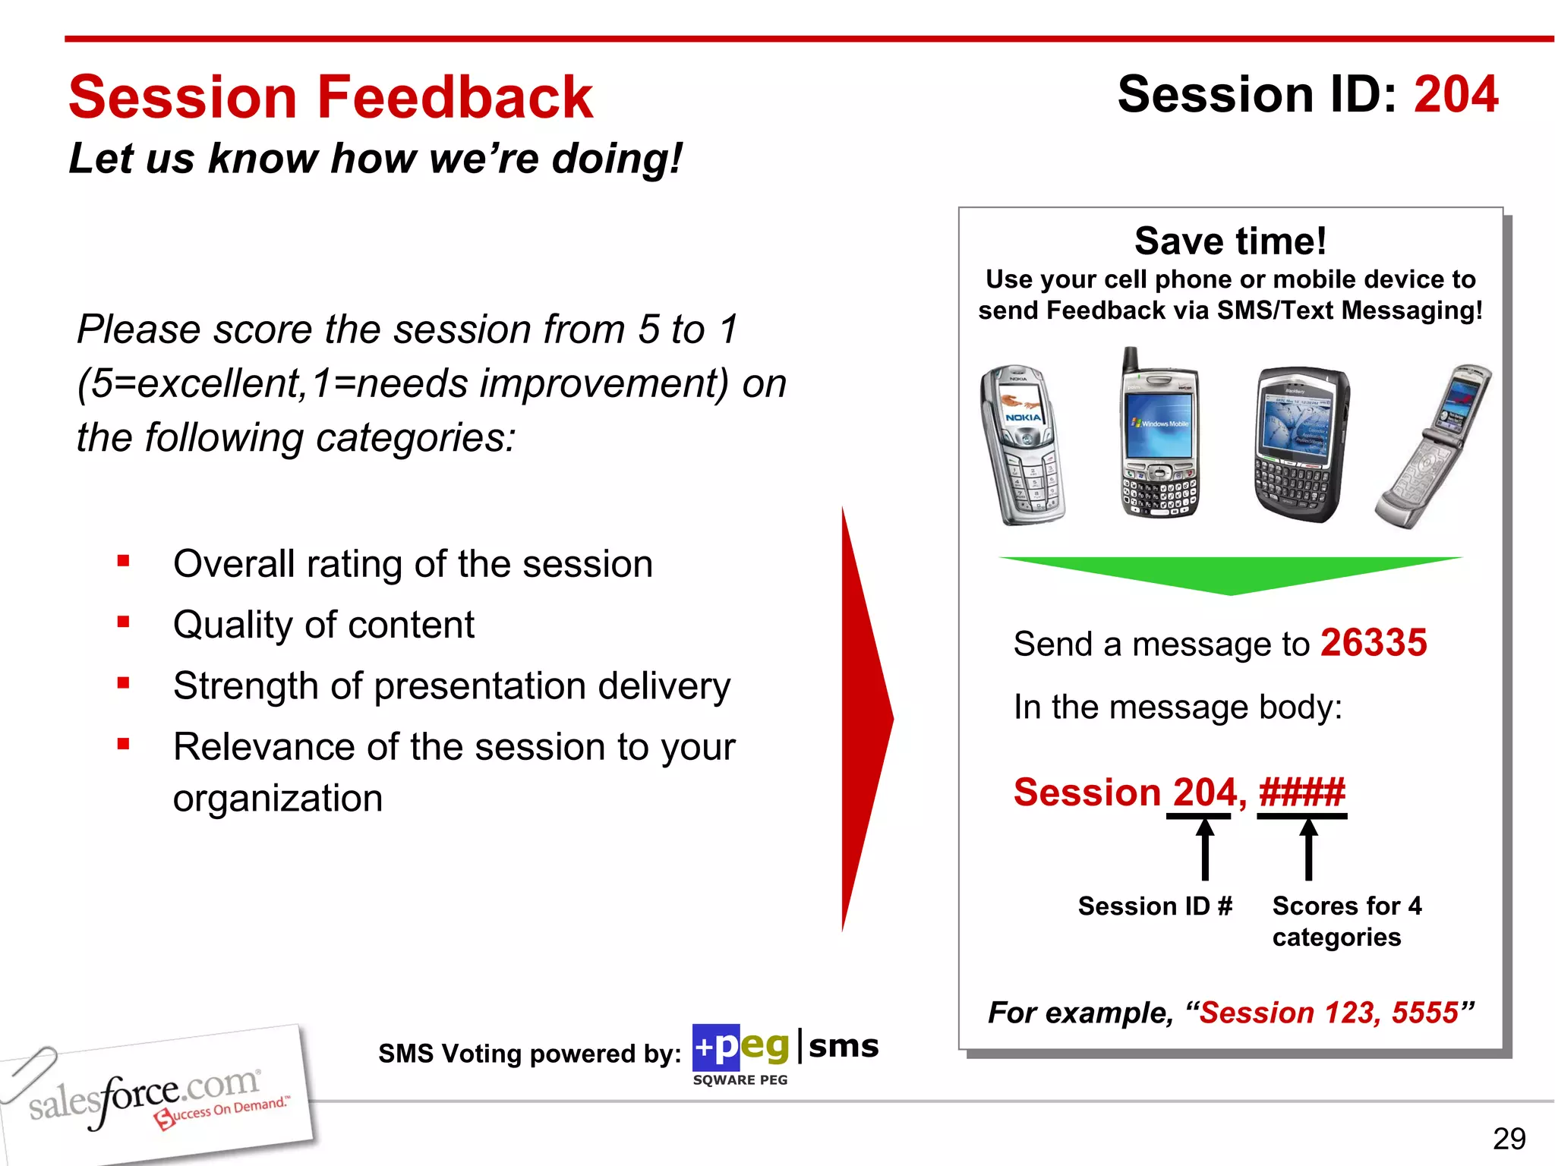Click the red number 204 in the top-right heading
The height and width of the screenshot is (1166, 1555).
pos(1456,95)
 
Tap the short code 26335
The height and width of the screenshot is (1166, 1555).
pos(1373,643)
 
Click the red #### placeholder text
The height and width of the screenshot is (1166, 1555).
pos(1301,793)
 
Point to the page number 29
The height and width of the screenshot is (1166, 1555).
pos(1509,1139)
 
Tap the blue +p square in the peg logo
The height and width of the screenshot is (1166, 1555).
pos(715,1048)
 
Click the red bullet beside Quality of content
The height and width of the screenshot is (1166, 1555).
pos(124,622)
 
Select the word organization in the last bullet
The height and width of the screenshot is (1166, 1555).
pos(278,799)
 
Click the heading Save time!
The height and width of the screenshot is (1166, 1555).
pos(1230,241)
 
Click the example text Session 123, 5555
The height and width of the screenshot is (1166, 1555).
pos(1329,1013)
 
